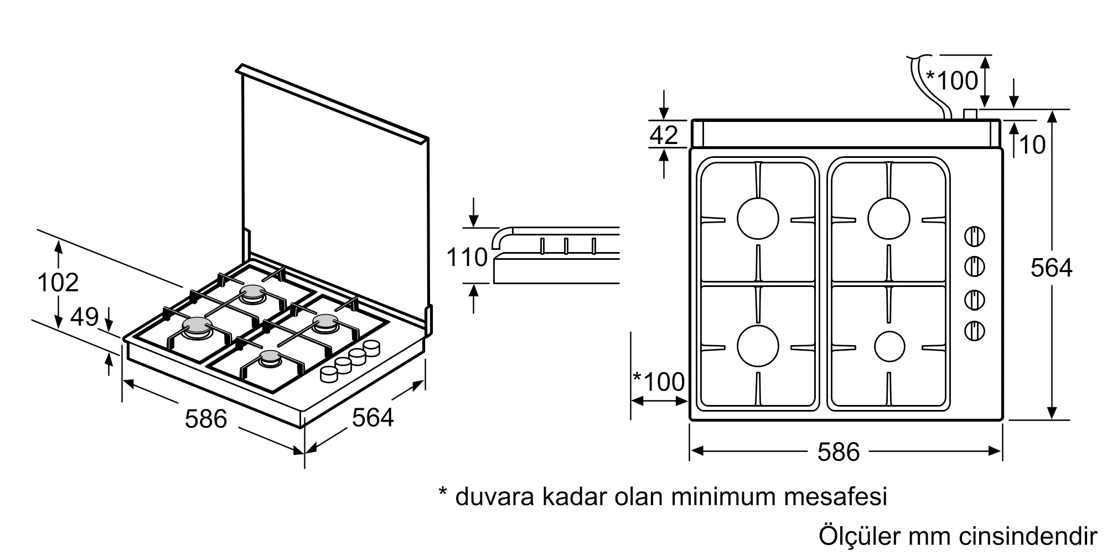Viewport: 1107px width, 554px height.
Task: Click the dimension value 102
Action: (x=58, y=283)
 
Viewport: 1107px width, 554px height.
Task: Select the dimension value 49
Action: (x=85, y=317)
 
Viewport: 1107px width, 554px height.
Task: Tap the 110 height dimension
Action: (x=467, y=258)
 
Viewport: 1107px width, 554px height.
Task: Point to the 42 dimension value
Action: (x=664, y=135)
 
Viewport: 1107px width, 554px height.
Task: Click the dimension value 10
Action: (x=1032, y=145)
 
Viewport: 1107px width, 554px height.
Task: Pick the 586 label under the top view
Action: (x=838, y=452)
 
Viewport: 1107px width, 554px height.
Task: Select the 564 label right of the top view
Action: (x=1051, y=268)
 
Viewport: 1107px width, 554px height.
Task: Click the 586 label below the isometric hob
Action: (x=206, y=419)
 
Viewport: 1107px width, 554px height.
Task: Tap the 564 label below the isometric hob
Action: (x=373, y=418)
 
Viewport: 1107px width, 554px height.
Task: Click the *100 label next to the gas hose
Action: (x=952, y=81)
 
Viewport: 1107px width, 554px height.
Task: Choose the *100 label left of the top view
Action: (x=659, y=382)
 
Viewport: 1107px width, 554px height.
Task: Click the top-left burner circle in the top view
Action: (x=758, y=218)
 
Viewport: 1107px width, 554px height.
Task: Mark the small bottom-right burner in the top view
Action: (x=889, y=347)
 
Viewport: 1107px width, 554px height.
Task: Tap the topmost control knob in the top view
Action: (x=975, y=237)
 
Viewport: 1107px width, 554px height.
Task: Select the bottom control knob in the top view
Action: (x=975, y=332)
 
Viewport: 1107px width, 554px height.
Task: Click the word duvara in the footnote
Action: (x=494, y=496)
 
